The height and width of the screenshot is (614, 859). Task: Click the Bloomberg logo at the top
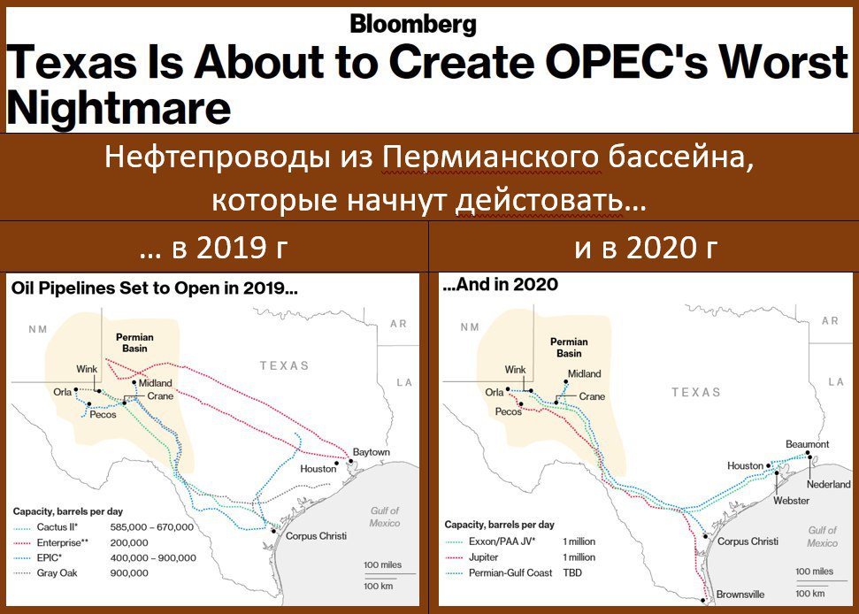[x=413, y=25]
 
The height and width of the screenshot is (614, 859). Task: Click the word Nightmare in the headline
[x=119, y=107]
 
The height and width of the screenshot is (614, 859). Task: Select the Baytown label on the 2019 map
[x=372, y=452]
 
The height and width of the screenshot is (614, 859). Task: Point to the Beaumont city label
[x=807, y=444]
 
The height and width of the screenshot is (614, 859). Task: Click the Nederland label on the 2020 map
[x=828, y=484]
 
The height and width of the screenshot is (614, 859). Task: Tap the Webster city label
[x=791, y=500]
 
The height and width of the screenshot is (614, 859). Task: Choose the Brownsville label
[x=740, y=595]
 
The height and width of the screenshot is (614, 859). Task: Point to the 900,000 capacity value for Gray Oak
[x=129, y=573]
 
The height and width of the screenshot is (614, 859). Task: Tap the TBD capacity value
[x=572, y=572]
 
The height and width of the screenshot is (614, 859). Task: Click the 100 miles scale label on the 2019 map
[x=382, y=564]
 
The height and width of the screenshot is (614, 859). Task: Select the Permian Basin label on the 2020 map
[x=569, y=348]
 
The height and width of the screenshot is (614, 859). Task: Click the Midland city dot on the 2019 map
[x=134, y=382]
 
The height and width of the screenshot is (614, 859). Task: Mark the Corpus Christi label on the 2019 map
[x=316, y=535]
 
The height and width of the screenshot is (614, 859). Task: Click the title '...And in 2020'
[x=500, y=284]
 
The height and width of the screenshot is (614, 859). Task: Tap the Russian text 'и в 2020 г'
[x=646, y=248]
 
